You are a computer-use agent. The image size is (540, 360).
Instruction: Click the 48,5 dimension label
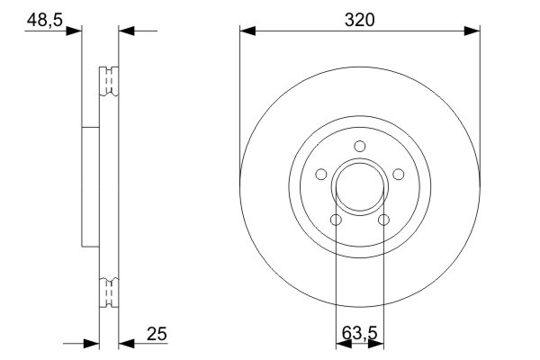[42, 18]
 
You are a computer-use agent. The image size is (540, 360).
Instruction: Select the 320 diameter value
[359, 17]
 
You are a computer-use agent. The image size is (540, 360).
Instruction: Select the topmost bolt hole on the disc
[359, 147]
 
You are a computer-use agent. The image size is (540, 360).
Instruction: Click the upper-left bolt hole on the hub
[321, 175]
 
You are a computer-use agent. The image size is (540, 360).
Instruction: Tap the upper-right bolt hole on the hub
[397, 175]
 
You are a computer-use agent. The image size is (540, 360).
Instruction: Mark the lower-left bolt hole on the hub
[336, 220]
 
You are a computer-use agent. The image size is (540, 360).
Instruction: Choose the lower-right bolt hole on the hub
[382, 220]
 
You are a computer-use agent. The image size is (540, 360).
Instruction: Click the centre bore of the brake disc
[359, 187]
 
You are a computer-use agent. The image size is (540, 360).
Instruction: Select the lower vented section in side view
[108, 293]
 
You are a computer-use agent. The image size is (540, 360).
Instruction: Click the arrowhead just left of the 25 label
[125, 342]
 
